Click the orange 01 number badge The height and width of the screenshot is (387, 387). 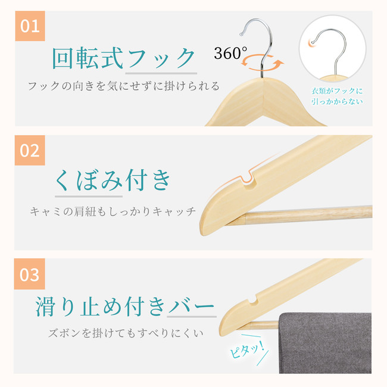pyautogui.click(x=30, y=26)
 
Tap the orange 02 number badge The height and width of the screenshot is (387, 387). pyautogui.click(x=30, y=150)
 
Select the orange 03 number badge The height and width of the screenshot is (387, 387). pyautogui.click(x=30, y=274)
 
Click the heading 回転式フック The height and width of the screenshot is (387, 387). pyautogui.click(x=124, y=58)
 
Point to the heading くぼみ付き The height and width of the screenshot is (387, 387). pyautogui.click(x=113, y=180)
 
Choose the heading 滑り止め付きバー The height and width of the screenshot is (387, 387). pyautogui.click(x=125, y=306)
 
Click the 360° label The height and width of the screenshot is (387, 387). pyautogui.click(x=230, y=53)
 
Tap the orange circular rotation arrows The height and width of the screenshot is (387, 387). pyautogui.click(x=262, y=63)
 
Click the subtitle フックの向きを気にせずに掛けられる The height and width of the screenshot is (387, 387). pyautogui.click(x=124, y=86)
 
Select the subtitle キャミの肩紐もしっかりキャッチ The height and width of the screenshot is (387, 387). pyautogui.click(x=113, y=211)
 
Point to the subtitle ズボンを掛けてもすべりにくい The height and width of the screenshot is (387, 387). pyautogui.click(x=126, y=333)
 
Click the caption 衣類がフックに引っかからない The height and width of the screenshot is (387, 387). pyautogui.click(x=337, y=96)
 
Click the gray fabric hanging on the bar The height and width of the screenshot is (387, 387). pyautogui.click(x=325, y=343)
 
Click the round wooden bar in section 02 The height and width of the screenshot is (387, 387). pyautogui.click(x=299, y=215)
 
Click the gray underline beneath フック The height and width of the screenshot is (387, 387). pyautogui.click(x=161, y=73)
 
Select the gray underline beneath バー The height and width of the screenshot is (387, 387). pyautogui.click(x=192, y=317)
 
